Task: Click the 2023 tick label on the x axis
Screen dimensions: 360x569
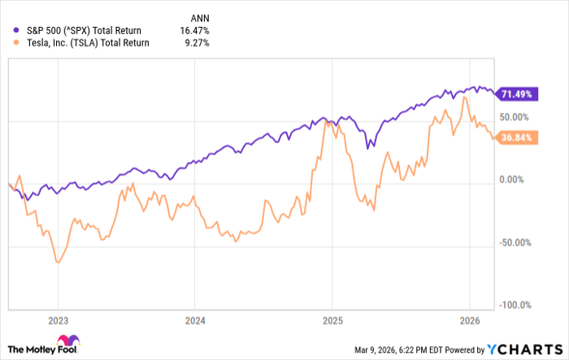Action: (59, 319)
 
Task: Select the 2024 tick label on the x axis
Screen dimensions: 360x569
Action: (195, 319)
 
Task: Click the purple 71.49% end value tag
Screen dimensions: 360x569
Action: (517, 94)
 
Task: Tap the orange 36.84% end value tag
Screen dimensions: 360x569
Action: (517, 138)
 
